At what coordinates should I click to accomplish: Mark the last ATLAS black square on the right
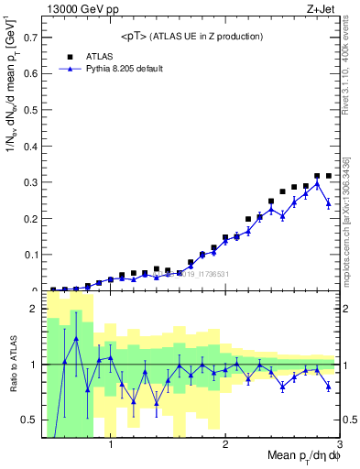point(329,176)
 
